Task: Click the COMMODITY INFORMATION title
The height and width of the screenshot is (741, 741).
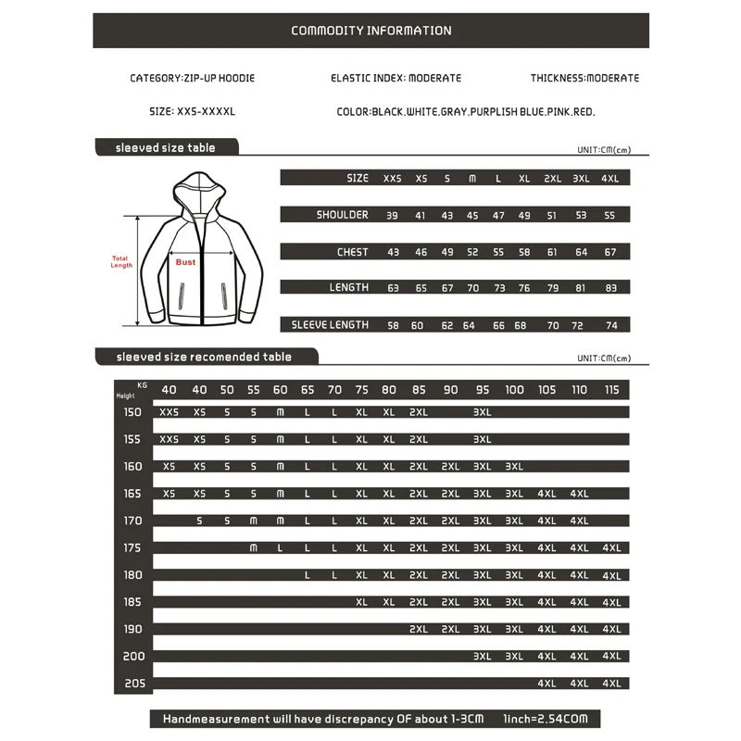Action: click(371, 31)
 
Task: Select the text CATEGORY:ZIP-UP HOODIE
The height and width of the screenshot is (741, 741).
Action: click(192, 79)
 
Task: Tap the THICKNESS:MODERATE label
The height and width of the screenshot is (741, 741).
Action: click(584, 79)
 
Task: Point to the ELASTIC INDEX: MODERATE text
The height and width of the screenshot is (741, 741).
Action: click(396, 79)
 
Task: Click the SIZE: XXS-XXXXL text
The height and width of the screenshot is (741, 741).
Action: click(193, 111)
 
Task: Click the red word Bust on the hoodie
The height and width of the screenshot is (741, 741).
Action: click(186, 262)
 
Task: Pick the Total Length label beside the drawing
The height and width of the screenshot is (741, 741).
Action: click(121, 262)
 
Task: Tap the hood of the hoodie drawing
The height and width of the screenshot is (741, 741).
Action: click(199, 189)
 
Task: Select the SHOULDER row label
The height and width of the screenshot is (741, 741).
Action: click(342, 215)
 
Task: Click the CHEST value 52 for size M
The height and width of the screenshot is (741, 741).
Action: click(472, 252)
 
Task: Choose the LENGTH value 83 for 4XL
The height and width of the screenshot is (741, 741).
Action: click(610, 288)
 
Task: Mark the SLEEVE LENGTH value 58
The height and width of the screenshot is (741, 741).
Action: click(393, 325)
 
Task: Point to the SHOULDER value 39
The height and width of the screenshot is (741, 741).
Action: click(393, 215)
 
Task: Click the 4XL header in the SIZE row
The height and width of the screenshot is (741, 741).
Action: click(610, 178)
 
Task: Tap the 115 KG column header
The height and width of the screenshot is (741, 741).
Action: click(611, 390)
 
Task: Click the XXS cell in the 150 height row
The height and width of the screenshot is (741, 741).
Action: click(170, 412)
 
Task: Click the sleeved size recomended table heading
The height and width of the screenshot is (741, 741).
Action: click(204, 357)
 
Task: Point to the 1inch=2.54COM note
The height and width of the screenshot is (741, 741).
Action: click(546, 719)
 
